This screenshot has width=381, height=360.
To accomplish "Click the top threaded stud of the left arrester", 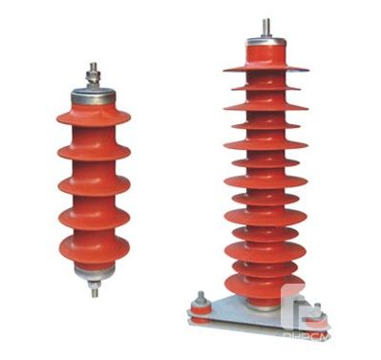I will click(x=94, y=73).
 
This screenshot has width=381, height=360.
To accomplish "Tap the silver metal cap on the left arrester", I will click(x=94, y=96).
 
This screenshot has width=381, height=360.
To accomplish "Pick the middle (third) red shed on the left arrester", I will click(x=94, y=183).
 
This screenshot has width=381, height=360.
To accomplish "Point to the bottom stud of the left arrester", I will click(x=95, y=288).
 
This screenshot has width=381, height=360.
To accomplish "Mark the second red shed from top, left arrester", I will click(x=94, y=150).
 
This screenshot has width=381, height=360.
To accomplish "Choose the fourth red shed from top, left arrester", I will click(x=94, y=217).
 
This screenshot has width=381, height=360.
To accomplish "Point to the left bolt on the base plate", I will click(x=200, y=301).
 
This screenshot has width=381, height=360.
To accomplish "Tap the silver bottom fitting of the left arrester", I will click(x=95, y=272).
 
